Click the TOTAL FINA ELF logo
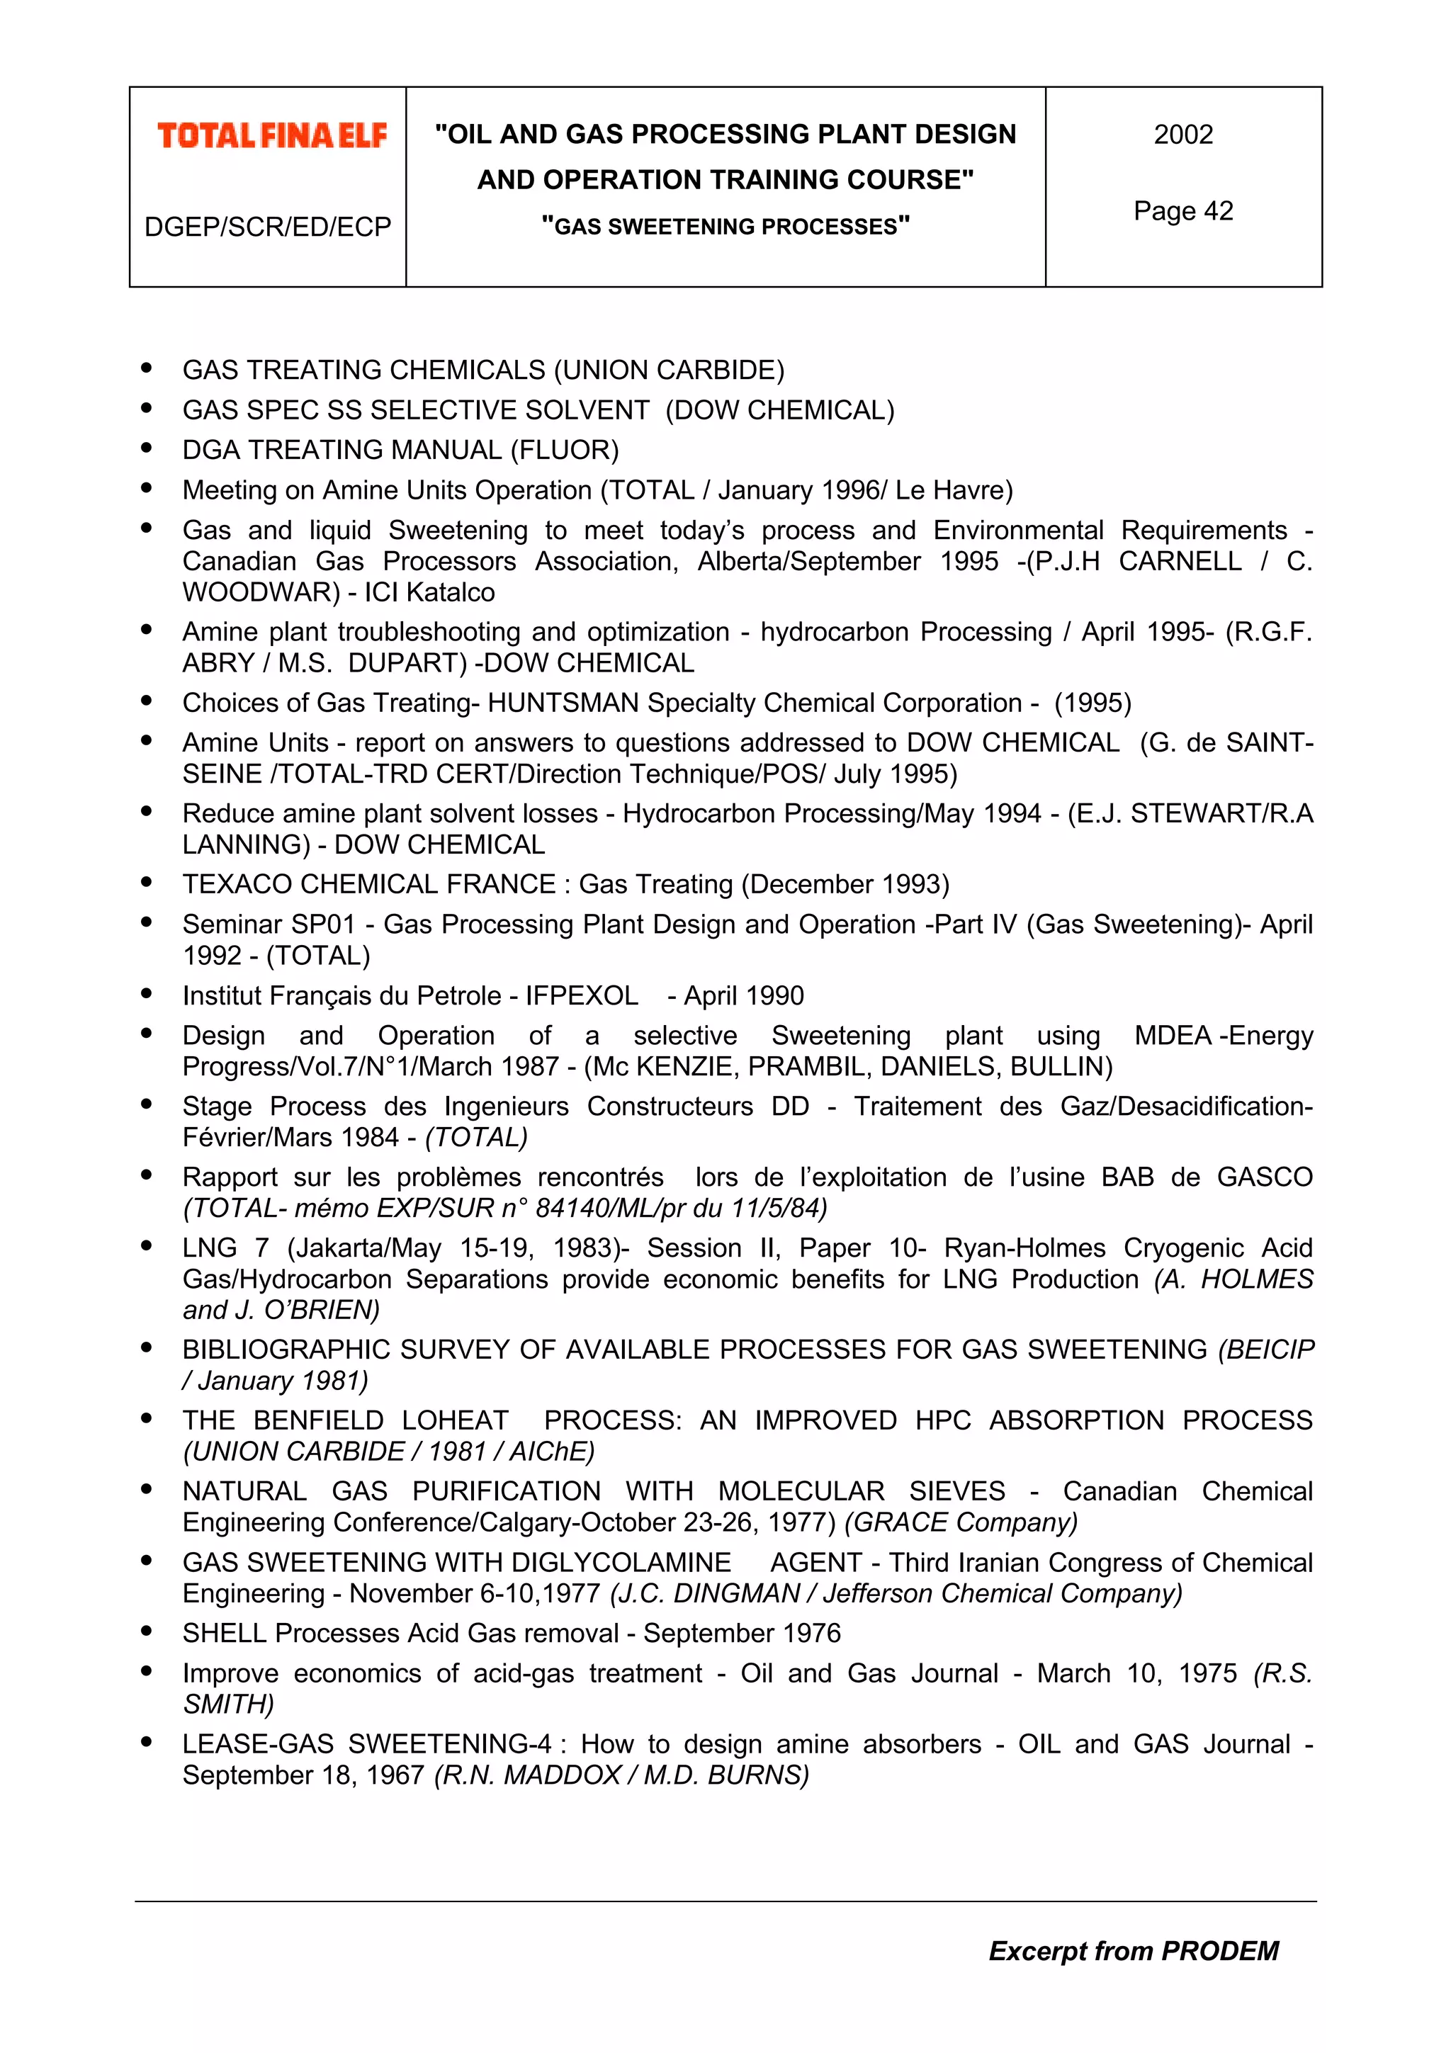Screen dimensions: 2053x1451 click(x=272, y=136)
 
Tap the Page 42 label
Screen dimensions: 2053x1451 click(x=1182, y=211)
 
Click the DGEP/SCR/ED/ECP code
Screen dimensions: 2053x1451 click(x=267, y=227)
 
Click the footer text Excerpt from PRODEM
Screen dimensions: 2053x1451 click(x=1133, y=1950)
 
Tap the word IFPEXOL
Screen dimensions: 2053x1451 click(x=581, y=995)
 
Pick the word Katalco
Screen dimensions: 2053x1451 click(x=450, y=592)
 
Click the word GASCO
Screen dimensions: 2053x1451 click(x=1264, y=1177)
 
